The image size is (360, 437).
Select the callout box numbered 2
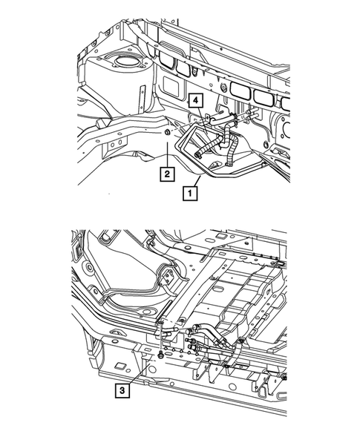tap(168, 174)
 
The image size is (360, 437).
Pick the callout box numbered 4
tap(195, 100)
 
